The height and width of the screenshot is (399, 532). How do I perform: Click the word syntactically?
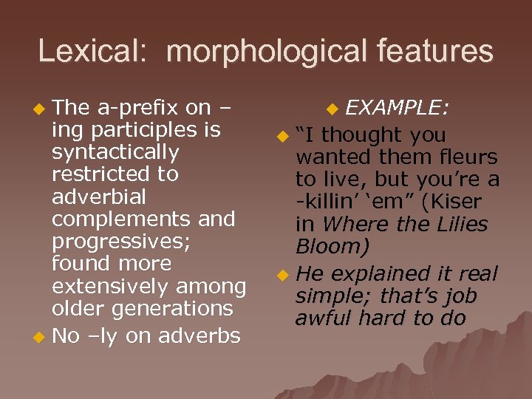click(x=115, y=152)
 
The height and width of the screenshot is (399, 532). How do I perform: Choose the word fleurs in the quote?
click(x=467, y=157)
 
